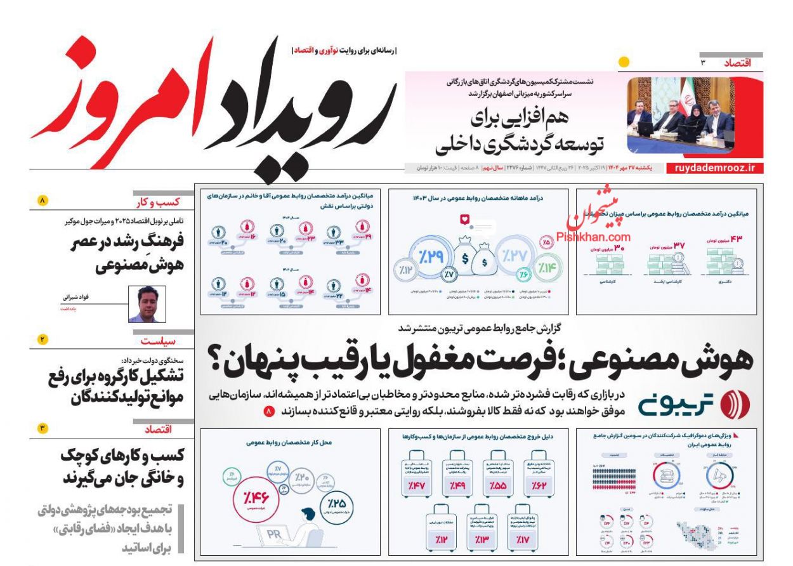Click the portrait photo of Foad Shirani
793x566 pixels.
click(147, 305)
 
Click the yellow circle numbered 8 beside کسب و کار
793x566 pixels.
click(42, 201)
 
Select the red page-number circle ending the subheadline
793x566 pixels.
click(269, 412)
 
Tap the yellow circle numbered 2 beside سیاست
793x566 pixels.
click(42, 340)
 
